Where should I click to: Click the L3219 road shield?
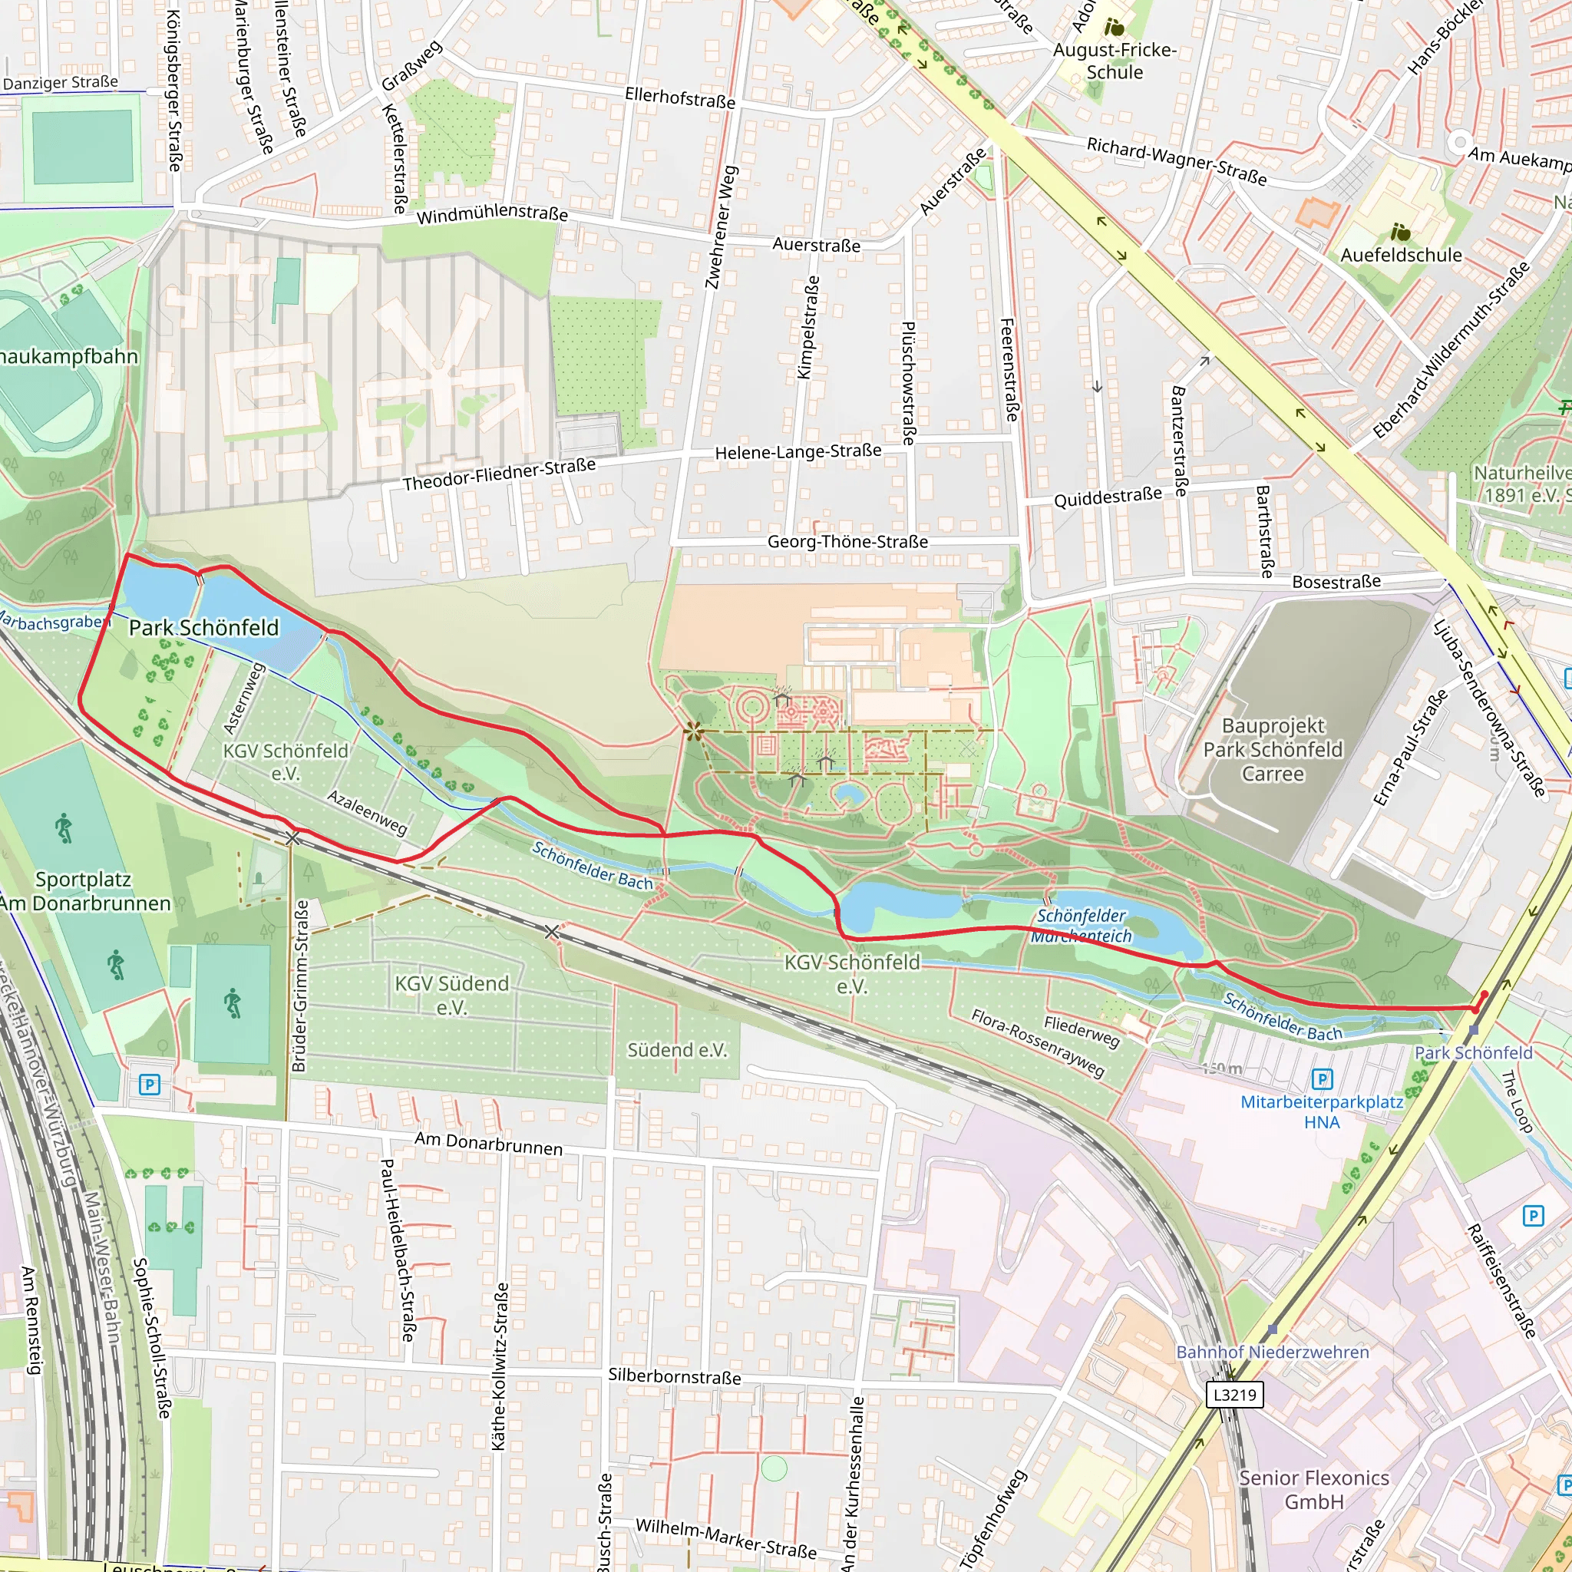pos(1233,1395)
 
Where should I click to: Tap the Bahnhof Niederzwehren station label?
pos(1273,1352)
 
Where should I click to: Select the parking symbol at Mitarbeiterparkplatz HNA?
pos(1323,1080)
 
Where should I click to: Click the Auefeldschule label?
pos(1401,256)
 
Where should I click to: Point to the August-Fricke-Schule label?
pos(1115,61)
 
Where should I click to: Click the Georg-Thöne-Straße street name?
pos(847,542)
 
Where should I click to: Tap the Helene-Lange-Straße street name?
pos(798,452)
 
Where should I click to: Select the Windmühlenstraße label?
pos(492,214)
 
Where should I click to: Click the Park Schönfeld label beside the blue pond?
pos(203,628)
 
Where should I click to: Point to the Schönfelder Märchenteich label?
pos(1082,926)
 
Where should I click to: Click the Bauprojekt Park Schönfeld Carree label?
pos(1273,749)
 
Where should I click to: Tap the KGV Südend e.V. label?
pos(451,995)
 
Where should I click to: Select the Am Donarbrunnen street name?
pos(488,1143)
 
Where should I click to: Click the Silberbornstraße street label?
pos(675,1377)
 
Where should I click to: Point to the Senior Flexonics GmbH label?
pos(1314,1490)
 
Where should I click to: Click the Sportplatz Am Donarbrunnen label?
pos(84,891)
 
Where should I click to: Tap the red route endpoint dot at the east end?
pos(1484,994)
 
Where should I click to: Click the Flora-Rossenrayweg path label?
pos(1038,1042)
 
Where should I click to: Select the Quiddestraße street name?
pos(1108,497)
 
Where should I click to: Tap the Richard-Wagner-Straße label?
pos(1177,160)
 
